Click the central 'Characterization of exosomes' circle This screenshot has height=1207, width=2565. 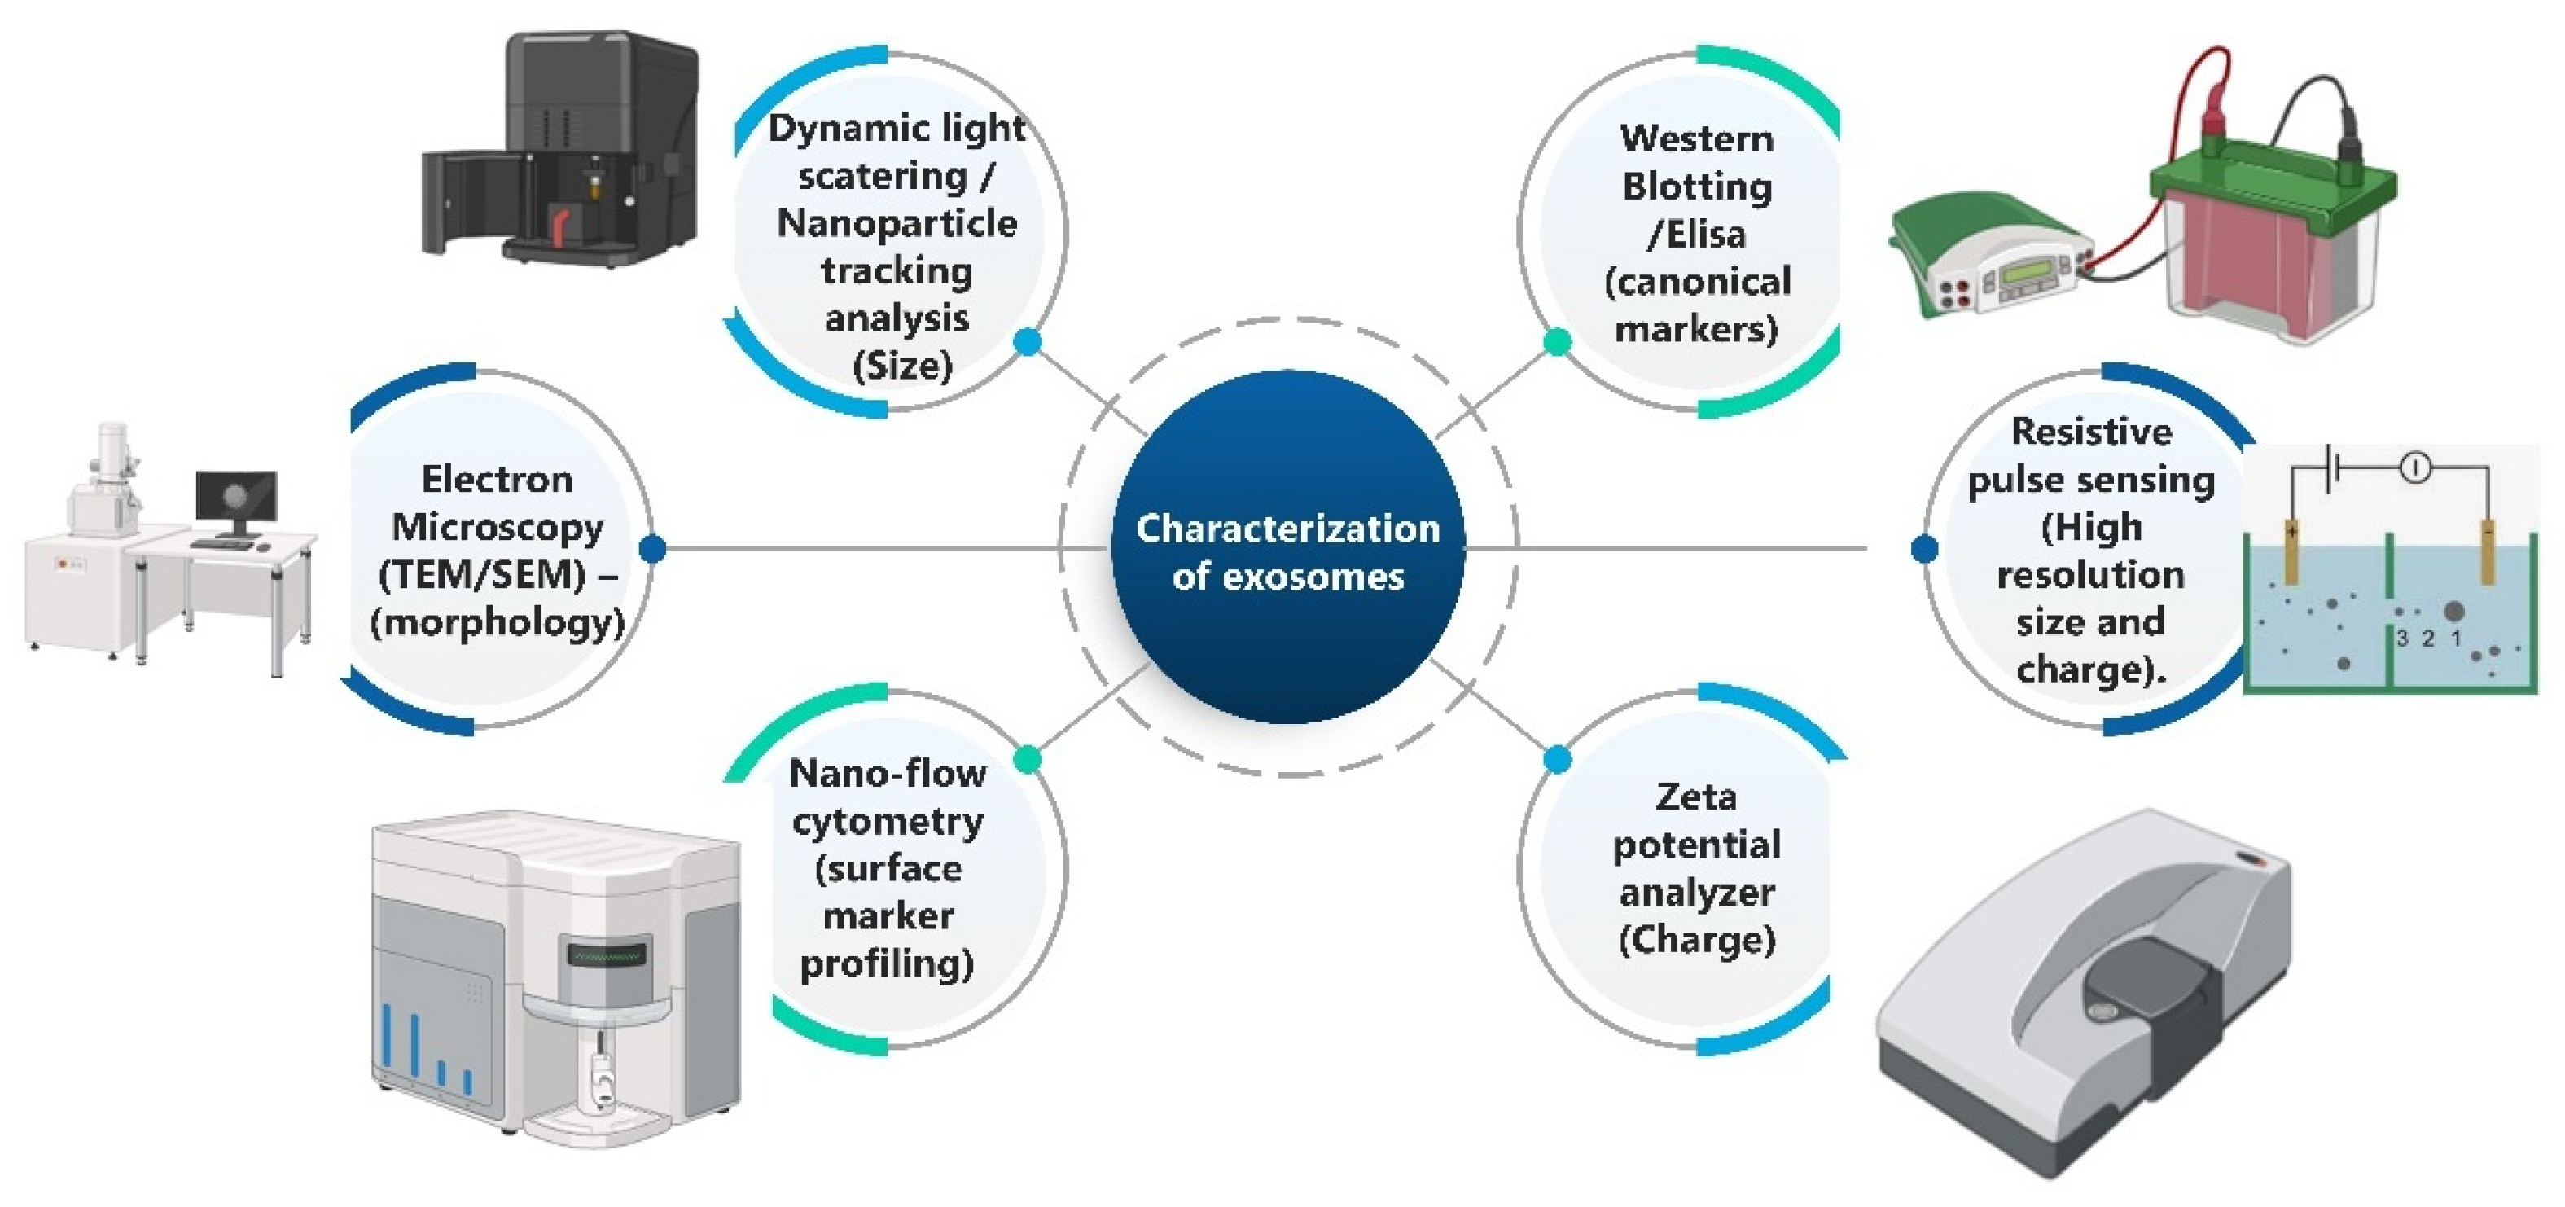[x=1287, y=549]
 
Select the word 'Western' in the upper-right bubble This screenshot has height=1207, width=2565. [x=1697, y=138]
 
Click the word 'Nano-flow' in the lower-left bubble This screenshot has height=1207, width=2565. [x=888, y=774]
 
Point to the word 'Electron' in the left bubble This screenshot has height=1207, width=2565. [x=497, y=479]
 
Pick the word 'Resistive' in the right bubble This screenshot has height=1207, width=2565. [x=2091, y=431]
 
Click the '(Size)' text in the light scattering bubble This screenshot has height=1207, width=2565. [x=902, y=366]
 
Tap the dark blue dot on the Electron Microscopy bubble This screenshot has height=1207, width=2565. [x=652, y=548]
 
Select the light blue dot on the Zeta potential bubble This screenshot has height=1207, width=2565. [x=1557, y=760]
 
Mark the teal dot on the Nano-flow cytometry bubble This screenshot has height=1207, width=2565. [x=1028, y=760]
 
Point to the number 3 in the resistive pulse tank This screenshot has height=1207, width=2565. [x=2401, y=639]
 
